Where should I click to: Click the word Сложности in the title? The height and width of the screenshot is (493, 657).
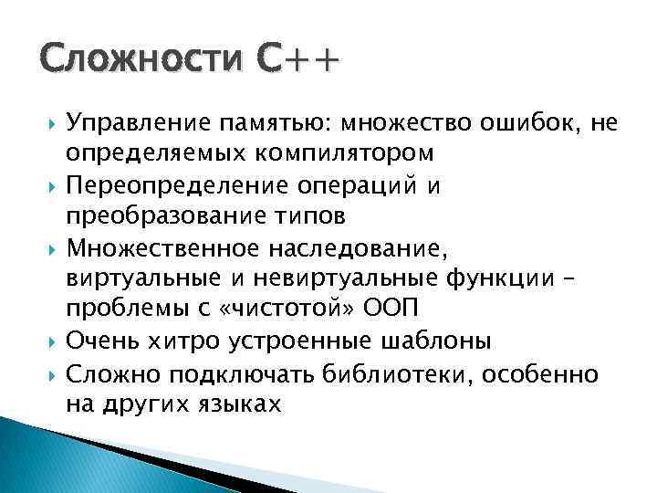click(x=142, y=62)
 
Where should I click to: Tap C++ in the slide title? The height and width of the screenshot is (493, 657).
click(x=297, y=62)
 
